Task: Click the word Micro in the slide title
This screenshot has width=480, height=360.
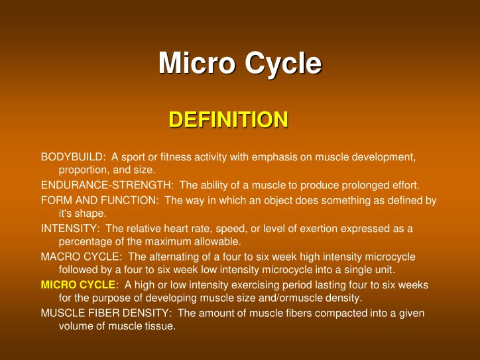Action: point(197,64)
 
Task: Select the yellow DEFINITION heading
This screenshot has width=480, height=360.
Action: point(228,119)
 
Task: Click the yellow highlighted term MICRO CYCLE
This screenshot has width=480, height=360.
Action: point(78,285)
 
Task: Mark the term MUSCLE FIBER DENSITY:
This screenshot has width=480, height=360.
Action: point(107,313)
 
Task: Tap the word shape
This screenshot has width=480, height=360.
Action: point(91,213)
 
